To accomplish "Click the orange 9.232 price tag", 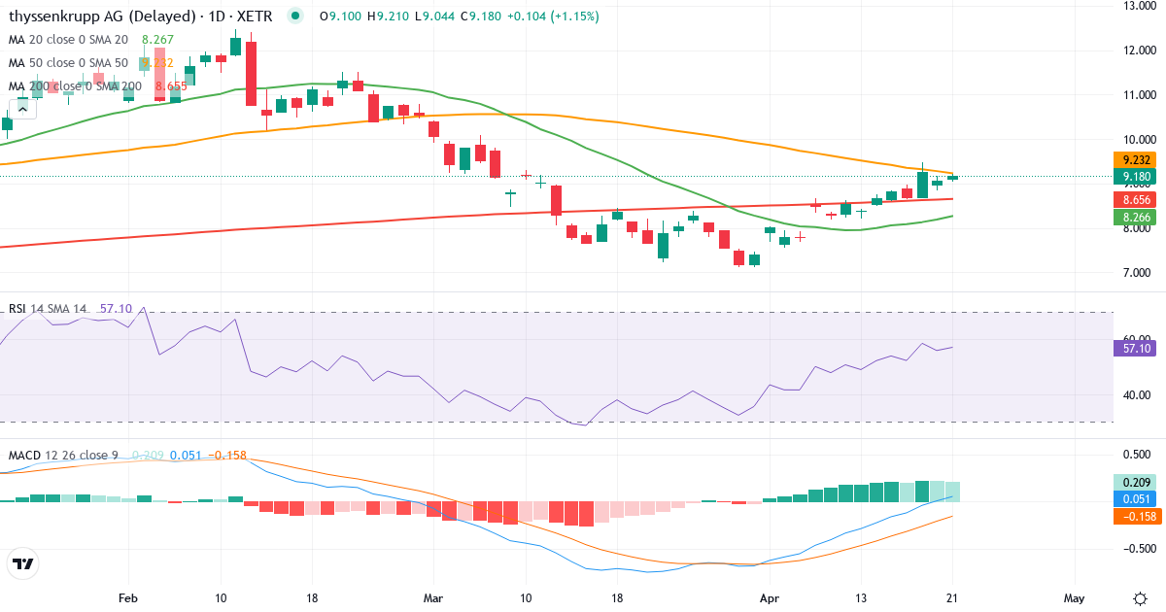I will point(1132,160).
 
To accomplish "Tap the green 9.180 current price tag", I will point(1132,177).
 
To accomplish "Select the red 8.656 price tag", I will point(1132,199).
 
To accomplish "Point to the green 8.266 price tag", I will point(1132,218).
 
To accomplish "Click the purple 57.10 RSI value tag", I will point(1132,348).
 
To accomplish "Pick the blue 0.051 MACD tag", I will point(1132,498).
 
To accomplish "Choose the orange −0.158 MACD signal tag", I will point(1132,516).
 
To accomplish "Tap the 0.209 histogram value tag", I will point(1132,482).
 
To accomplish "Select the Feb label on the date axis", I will point(128,597).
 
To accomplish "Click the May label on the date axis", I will point(1073,597).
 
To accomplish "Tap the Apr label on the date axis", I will point(769,597).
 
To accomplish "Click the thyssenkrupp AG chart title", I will point(141,17).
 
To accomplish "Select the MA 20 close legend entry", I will point(68,40).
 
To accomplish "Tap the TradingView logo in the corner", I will point(23,563).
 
